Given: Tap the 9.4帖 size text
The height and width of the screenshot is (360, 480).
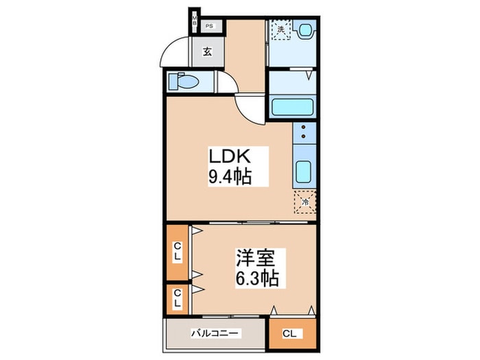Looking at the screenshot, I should coord(230,177).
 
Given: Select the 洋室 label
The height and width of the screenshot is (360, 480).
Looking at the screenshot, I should coord(256,259).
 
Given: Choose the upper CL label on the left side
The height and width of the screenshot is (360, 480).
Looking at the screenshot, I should coord(177,252).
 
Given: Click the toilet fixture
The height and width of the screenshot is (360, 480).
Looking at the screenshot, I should coord(184,82).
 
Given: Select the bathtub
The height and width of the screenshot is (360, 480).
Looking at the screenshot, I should coord(293,107).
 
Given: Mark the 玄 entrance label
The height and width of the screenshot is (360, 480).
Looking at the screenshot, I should coord(206,51).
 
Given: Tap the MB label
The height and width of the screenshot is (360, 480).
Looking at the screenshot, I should coord(195,21).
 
